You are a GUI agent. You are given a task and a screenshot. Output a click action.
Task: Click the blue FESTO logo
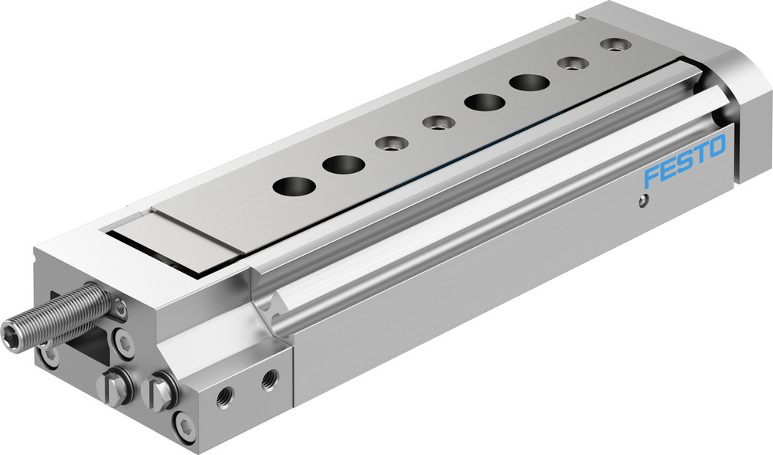[685, 160]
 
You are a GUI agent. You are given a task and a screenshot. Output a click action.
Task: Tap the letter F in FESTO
[652, 176]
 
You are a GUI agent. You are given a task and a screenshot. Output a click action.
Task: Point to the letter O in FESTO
[717, 145]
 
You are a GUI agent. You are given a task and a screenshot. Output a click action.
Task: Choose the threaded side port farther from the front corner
[269, 379]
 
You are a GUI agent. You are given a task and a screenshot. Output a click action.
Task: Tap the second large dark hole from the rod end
[344, 164]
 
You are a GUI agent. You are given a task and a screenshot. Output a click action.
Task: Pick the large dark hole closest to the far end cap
[530, 82]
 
